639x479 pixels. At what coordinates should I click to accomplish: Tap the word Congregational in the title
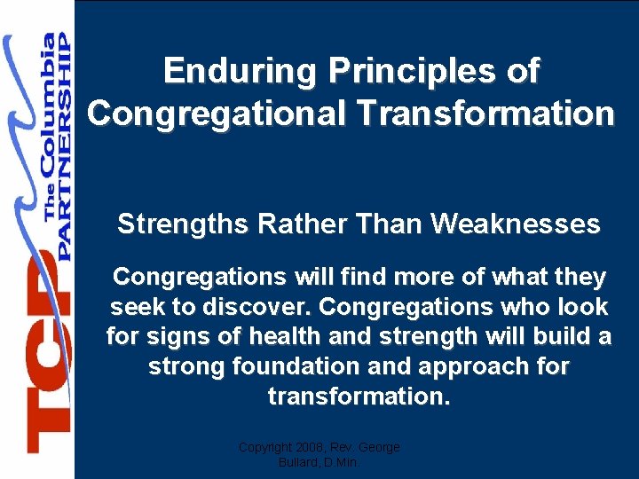click(x=223, y=114)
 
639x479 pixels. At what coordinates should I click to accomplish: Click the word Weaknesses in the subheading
click(x=516, y=224)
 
